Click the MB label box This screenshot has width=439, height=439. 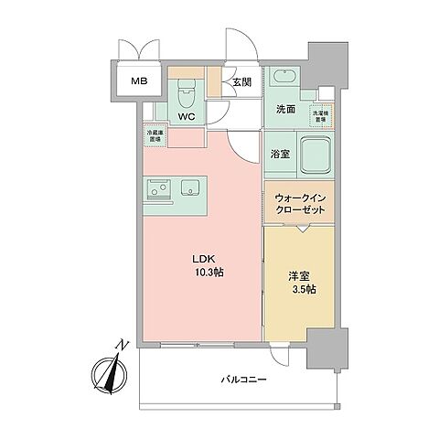[x=138, y=81]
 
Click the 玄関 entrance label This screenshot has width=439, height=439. [x=241, y=81]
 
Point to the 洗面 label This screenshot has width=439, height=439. [x=286, y=109]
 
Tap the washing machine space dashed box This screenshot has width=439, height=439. [x=323, y=116]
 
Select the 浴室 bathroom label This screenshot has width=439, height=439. [x=280, y=154]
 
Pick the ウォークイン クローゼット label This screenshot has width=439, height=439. [x=300, y=203]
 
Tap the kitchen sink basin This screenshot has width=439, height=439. [x=191, y=188]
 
